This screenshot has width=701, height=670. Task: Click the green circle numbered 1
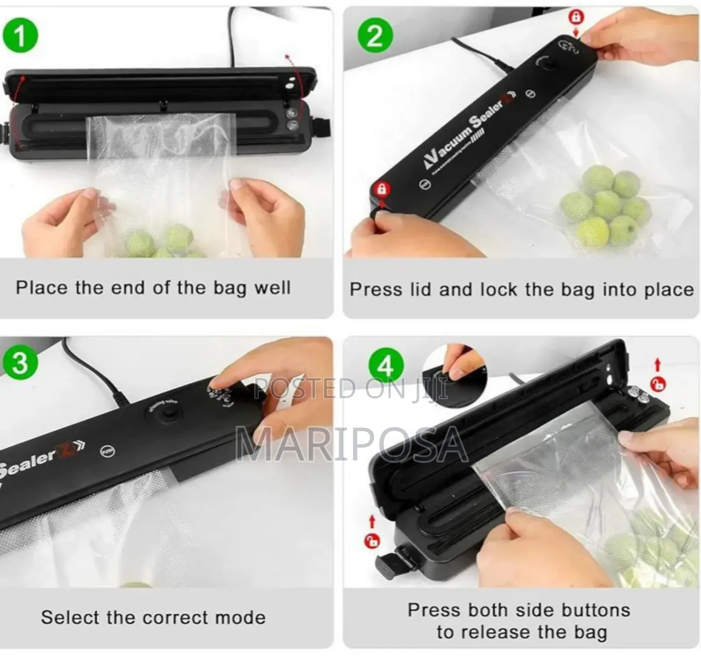[x=20, y=35]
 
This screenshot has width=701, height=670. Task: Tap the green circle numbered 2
[x=375, y=35]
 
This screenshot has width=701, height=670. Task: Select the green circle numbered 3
[x=20, y=363]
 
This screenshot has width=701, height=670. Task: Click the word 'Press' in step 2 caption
[x=375, y=290]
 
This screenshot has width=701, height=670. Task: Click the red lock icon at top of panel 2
[x=576, y=18]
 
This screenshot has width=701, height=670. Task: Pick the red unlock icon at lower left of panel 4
[x=372, y=541]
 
